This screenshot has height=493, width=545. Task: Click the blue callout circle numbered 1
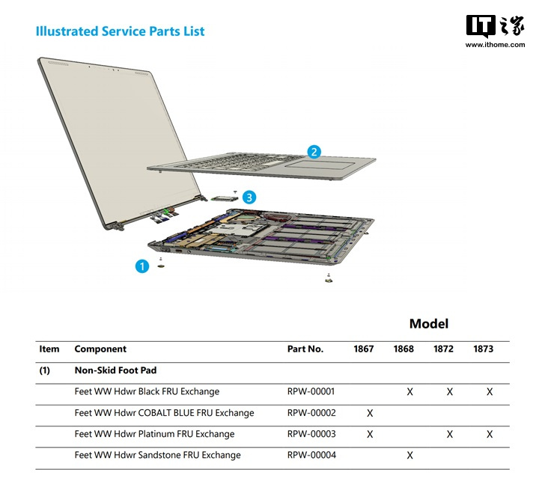tap(142, 266)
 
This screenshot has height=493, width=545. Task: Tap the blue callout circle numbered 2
tap(314, 152)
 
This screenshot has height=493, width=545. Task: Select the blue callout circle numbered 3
tap(249, 197)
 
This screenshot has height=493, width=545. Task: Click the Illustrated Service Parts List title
tap(121, 31)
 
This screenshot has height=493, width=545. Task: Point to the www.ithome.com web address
tap(496, 44)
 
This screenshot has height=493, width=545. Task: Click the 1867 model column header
tap(364, 349)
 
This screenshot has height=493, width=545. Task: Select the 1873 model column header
tap(483, 349)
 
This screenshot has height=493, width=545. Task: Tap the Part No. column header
tap(305, 349)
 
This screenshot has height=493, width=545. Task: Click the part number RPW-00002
tap(311, 413)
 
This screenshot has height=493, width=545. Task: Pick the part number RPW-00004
tap(311, 455)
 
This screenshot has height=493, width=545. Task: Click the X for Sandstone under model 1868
tap(409, 456)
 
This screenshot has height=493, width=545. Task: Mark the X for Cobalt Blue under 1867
tap(370, 413)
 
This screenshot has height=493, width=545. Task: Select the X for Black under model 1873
tap(490, 392)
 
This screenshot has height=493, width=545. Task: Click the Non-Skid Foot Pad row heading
tap(115, 370)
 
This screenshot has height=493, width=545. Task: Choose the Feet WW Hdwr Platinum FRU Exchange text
tap(154, 434)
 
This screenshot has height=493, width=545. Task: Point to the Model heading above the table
tap(429, 324)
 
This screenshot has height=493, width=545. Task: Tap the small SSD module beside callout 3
tap(224, 199)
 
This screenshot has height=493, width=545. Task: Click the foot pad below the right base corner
tap(329, 279)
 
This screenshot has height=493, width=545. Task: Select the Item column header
tap(49, 349)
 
